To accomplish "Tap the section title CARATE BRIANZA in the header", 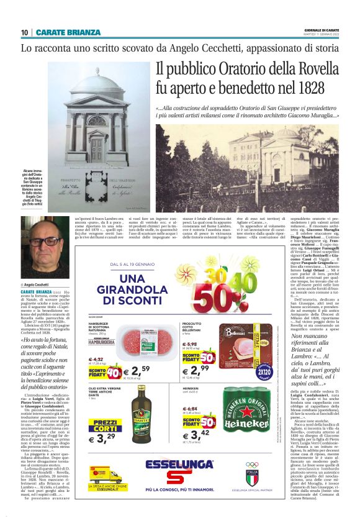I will tap(68, 32).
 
